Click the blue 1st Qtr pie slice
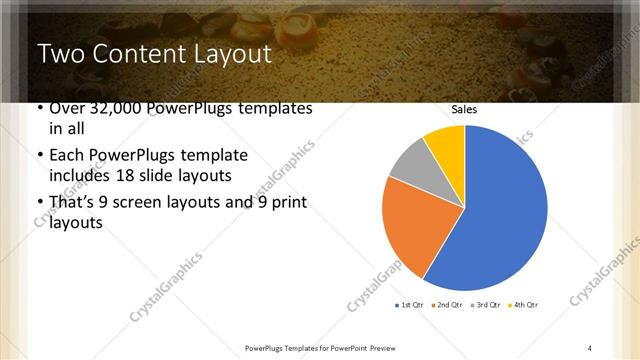click(x=500, y=210)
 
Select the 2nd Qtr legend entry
click(x=448, y=304)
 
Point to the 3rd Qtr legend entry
click(x=485, y=304)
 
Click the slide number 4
click(x=590, y=347)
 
